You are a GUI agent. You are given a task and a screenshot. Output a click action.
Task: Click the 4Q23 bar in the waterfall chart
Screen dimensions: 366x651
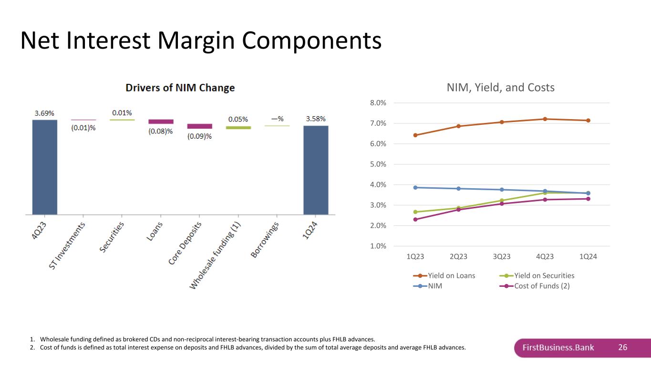[45, 167]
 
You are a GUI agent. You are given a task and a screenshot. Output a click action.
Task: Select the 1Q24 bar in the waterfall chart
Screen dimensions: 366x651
[316, 170]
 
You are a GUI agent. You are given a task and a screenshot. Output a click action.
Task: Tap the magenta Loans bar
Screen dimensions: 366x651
[161, 122]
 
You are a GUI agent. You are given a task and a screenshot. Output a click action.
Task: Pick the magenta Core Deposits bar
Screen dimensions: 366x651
[199, 126]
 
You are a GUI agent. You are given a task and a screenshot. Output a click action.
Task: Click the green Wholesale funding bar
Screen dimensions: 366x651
[238, 128]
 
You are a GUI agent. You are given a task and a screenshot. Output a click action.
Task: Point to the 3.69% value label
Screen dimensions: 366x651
[44, 113]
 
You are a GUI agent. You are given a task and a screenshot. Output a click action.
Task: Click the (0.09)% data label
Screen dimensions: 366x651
[199, 136]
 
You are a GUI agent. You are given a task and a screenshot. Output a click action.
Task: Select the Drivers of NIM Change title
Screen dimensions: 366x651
[180, 88]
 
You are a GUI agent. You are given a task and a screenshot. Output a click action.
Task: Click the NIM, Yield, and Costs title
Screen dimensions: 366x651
[501, 88]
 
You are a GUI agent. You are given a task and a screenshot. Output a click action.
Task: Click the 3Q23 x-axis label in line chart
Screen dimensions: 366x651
[502, 256]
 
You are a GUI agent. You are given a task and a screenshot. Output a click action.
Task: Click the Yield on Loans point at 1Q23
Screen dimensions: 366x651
[415, 135]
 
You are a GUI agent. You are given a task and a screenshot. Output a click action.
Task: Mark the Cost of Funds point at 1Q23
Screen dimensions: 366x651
[415, 219]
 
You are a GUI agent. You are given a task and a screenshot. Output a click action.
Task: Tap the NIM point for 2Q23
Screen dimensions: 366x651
[459, 189]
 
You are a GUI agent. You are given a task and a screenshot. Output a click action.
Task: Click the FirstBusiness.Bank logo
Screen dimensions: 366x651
[558, 347]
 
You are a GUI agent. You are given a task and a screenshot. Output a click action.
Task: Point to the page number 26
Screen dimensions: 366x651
[622, 347]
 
